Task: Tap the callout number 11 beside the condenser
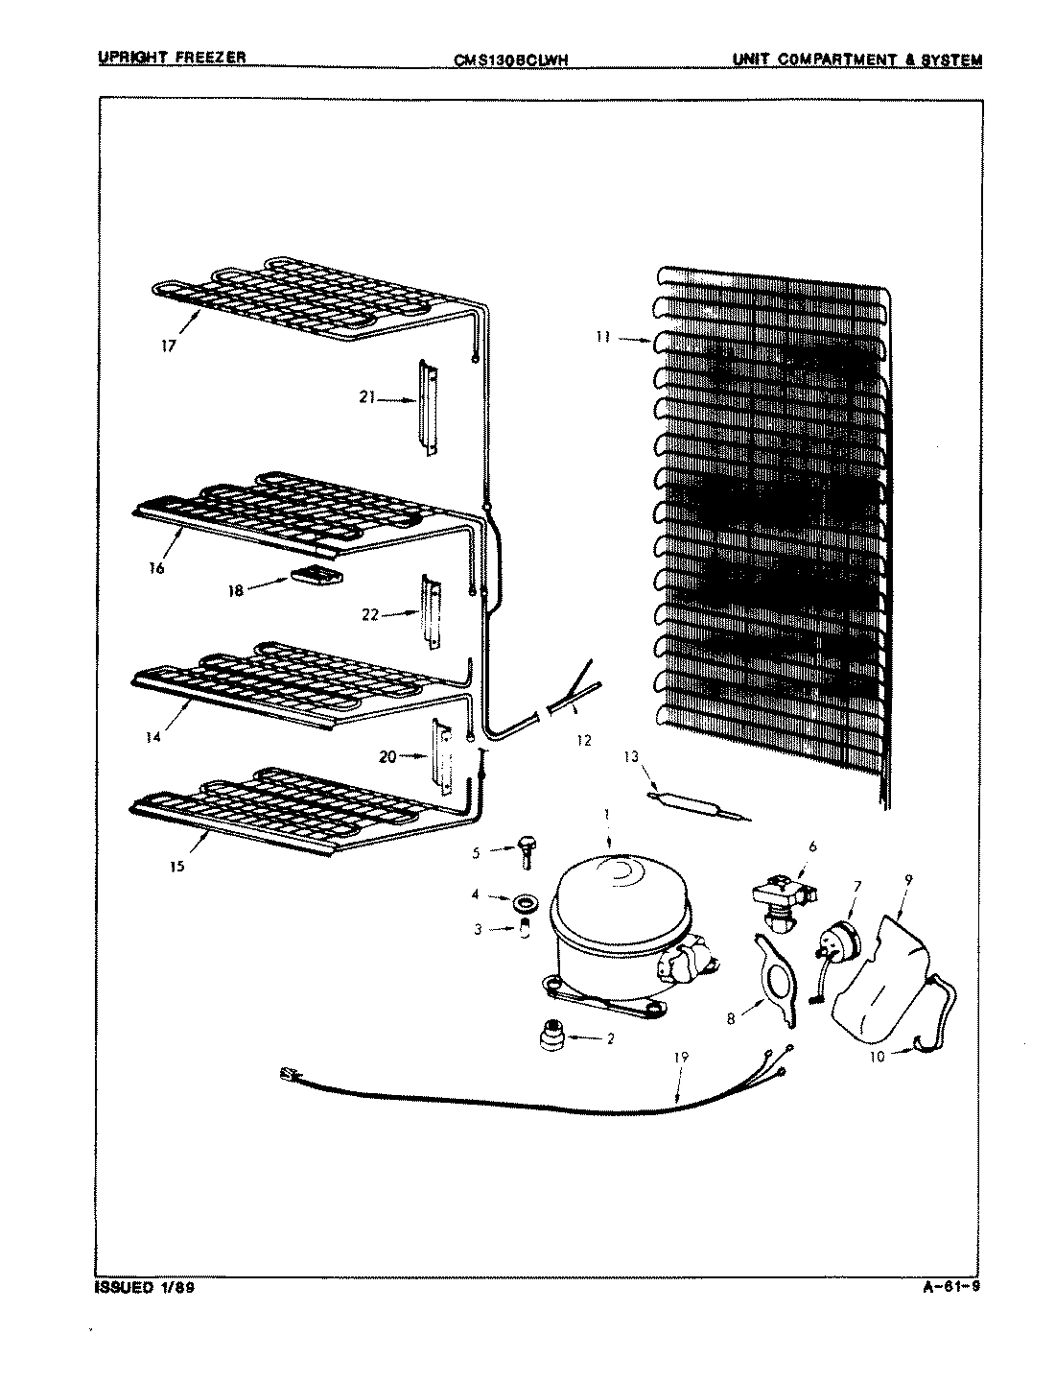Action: [x=601, y=338]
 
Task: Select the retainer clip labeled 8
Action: [x=778, y=975]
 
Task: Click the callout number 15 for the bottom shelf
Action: [x=176, y=865]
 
